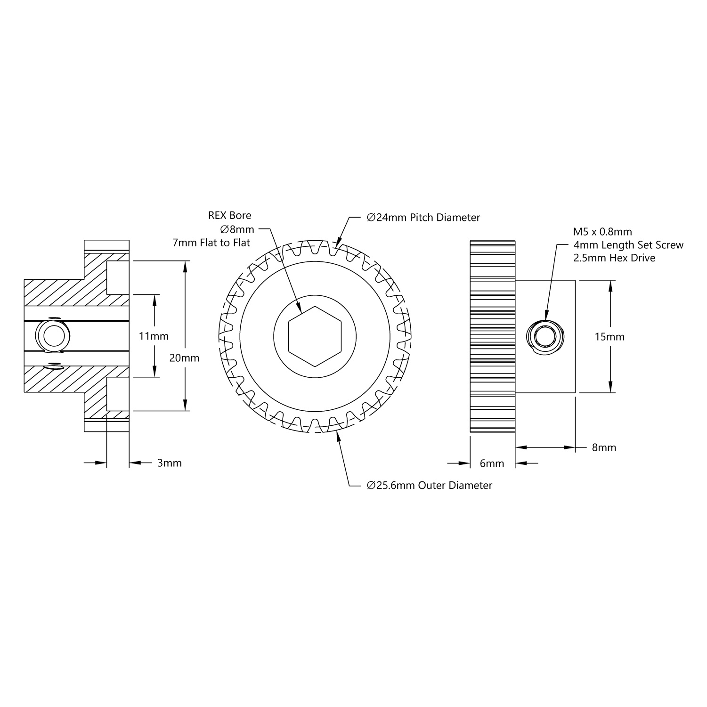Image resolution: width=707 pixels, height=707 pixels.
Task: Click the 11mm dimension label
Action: pyautogui.click(x=154, y=336)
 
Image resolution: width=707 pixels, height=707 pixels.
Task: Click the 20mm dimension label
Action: pyautogui.click(x=184, y=358)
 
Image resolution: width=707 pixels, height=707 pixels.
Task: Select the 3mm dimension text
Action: pyautogui.click(x=170, y=463)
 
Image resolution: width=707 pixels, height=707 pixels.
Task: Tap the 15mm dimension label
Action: pyautogui.click(x=609, y=337)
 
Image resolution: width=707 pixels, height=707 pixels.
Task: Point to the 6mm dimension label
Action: pyautogui.click(x=492, y=463)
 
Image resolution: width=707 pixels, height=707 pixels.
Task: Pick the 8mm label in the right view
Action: pyautogui.click(x=604, y=447)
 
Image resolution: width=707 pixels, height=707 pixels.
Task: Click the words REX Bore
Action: pyautogui.click(x=230, y=215)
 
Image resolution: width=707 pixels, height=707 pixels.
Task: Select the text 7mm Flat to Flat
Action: pyautogui.click(x=211, y=243)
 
